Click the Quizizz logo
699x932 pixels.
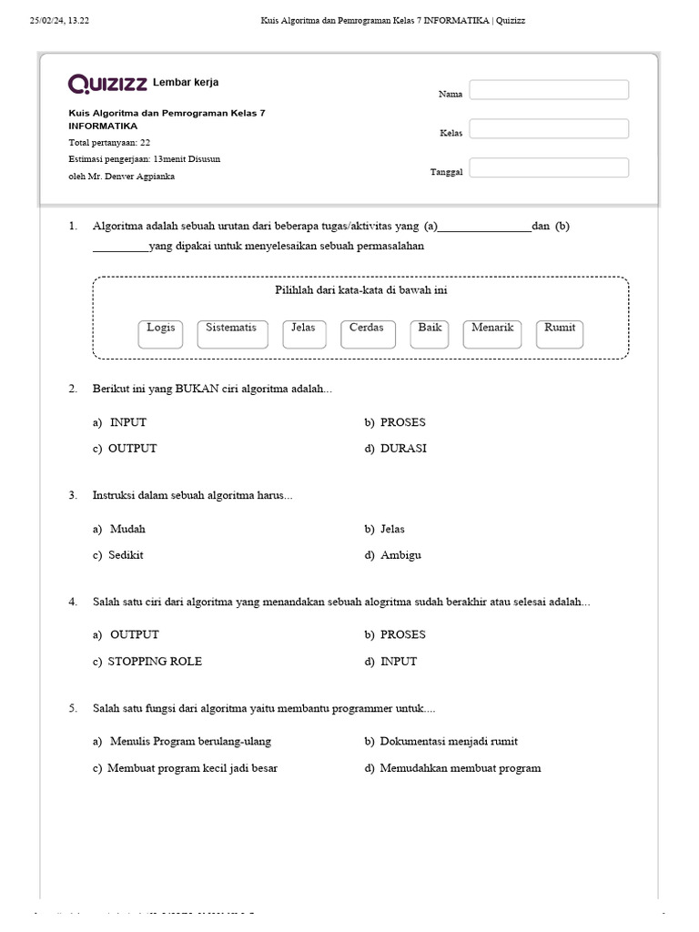(x=108, y=84)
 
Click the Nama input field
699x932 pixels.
(x=549, y=90)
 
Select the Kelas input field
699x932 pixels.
(x=549, y=129)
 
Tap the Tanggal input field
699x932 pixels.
(x=549, y=168)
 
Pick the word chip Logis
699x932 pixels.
(x=161, y=333)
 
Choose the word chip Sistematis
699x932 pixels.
(x=232, y=333)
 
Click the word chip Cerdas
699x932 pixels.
(x=366, y=333)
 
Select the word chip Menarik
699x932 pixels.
(x=493, y=333)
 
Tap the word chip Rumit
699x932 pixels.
(x=560, y=333)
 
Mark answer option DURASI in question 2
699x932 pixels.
(x=403, y=449)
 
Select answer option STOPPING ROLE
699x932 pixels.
(x=155, y=662)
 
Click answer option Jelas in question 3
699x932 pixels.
(x=392, y=529)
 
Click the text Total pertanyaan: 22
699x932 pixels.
(x=110, y=143)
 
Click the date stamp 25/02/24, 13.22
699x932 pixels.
(x=60, y=20)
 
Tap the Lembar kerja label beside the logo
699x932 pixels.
(x=186, y=83)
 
